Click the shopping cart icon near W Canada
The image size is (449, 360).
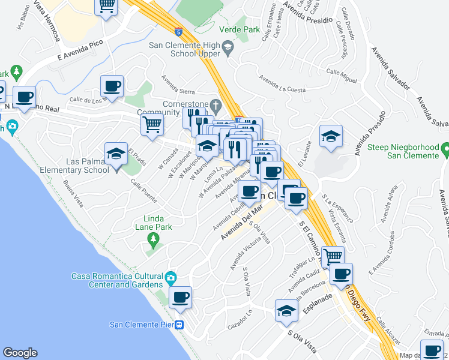click(152, 125)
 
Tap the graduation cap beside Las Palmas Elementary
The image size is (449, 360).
click(116, 154)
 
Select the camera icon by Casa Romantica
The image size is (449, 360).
click(171, 277)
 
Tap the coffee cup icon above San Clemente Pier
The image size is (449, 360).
click(180, 297)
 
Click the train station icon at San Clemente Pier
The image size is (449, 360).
click(179, 325)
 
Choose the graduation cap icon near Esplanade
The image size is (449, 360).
click(287, 311)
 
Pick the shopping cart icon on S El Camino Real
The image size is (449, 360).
click(333, 256)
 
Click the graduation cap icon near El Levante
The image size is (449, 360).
click(331, 136)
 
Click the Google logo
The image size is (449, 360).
click(20, 353)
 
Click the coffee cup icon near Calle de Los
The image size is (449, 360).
click(112, 86)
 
